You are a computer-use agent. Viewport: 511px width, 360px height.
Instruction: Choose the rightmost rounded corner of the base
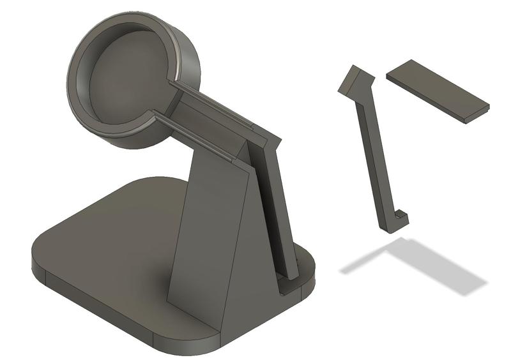(x=311, y=268)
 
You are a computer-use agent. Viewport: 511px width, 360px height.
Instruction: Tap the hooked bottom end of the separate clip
(x=400, y=220)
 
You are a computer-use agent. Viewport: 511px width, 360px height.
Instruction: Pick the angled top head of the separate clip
(x=355, y=80)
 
